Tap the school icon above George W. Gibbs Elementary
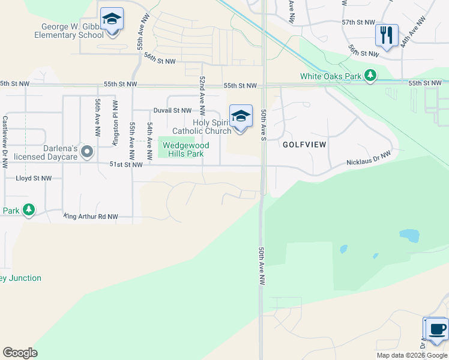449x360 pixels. click(112, 19)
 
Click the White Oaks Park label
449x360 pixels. click(331, 76)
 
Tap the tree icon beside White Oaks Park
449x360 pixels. click(372, 75)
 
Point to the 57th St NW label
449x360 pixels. click(358, 22)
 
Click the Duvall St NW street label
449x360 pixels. click(172, 110)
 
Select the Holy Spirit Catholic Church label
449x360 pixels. click(202, 127)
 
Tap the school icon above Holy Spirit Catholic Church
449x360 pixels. click(241, 116)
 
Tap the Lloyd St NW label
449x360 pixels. click(34, 178)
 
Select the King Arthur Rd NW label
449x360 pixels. click(91, 216)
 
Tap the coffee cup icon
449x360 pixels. click(436, 329)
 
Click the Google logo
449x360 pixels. click(20, 353)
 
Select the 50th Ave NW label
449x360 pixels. click(262, 269)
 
